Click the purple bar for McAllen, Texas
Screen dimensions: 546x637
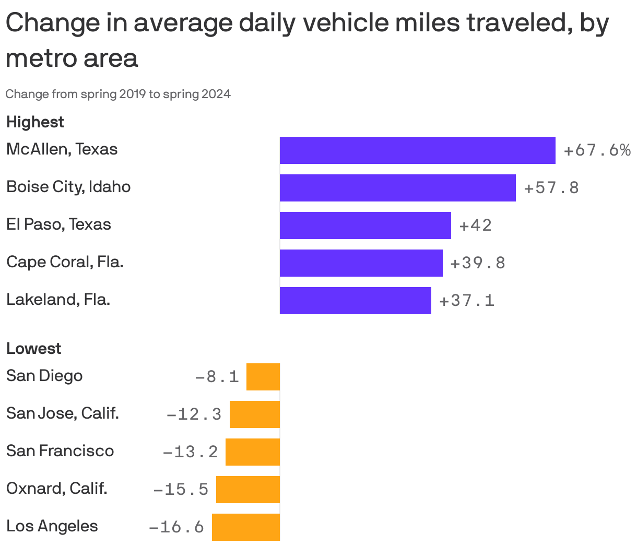pyautogui.click(x=417, y=150)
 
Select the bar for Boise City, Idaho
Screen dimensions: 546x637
pyautogui.click(x=397, y=188)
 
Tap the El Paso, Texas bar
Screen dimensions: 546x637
pyautogui.click(x=365, y=225)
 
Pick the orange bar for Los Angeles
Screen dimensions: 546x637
pyautogui.click(x=246, y=527)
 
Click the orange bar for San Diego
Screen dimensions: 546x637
pyautogui.click(x=263, y=377)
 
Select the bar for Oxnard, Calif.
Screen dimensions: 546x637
pyautogui.click(x=248, y=490)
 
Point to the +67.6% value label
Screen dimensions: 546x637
pyautogui.click(x=597, y=151)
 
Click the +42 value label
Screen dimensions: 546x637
pyautogui.click(x=475, y=225)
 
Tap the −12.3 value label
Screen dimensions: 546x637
pyautogui.click(x=194, y=415)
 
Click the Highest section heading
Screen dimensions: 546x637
pyautogui.click(x=35, y=122)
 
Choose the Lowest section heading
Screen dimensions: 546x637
pyautogui.click(x=34, y=349)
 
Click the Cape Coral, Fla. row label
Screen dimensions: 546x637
pyautogui.click(x=65, y=262)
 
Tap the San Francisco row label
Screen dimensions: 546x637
pyautogui.click(x=60, y=451)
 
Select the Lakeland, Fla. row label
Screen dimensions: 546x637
pyautogui.click(x=58, y=300)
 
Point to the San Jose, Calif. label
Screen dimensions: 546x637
pyautogui.click(x=63, y=413)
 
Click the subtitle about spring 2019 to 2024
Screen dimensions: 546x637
pyautogui.click(x=118, y=94)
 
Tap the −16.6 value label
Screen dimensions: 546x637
pyautogui.click(x=176, y=527)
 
